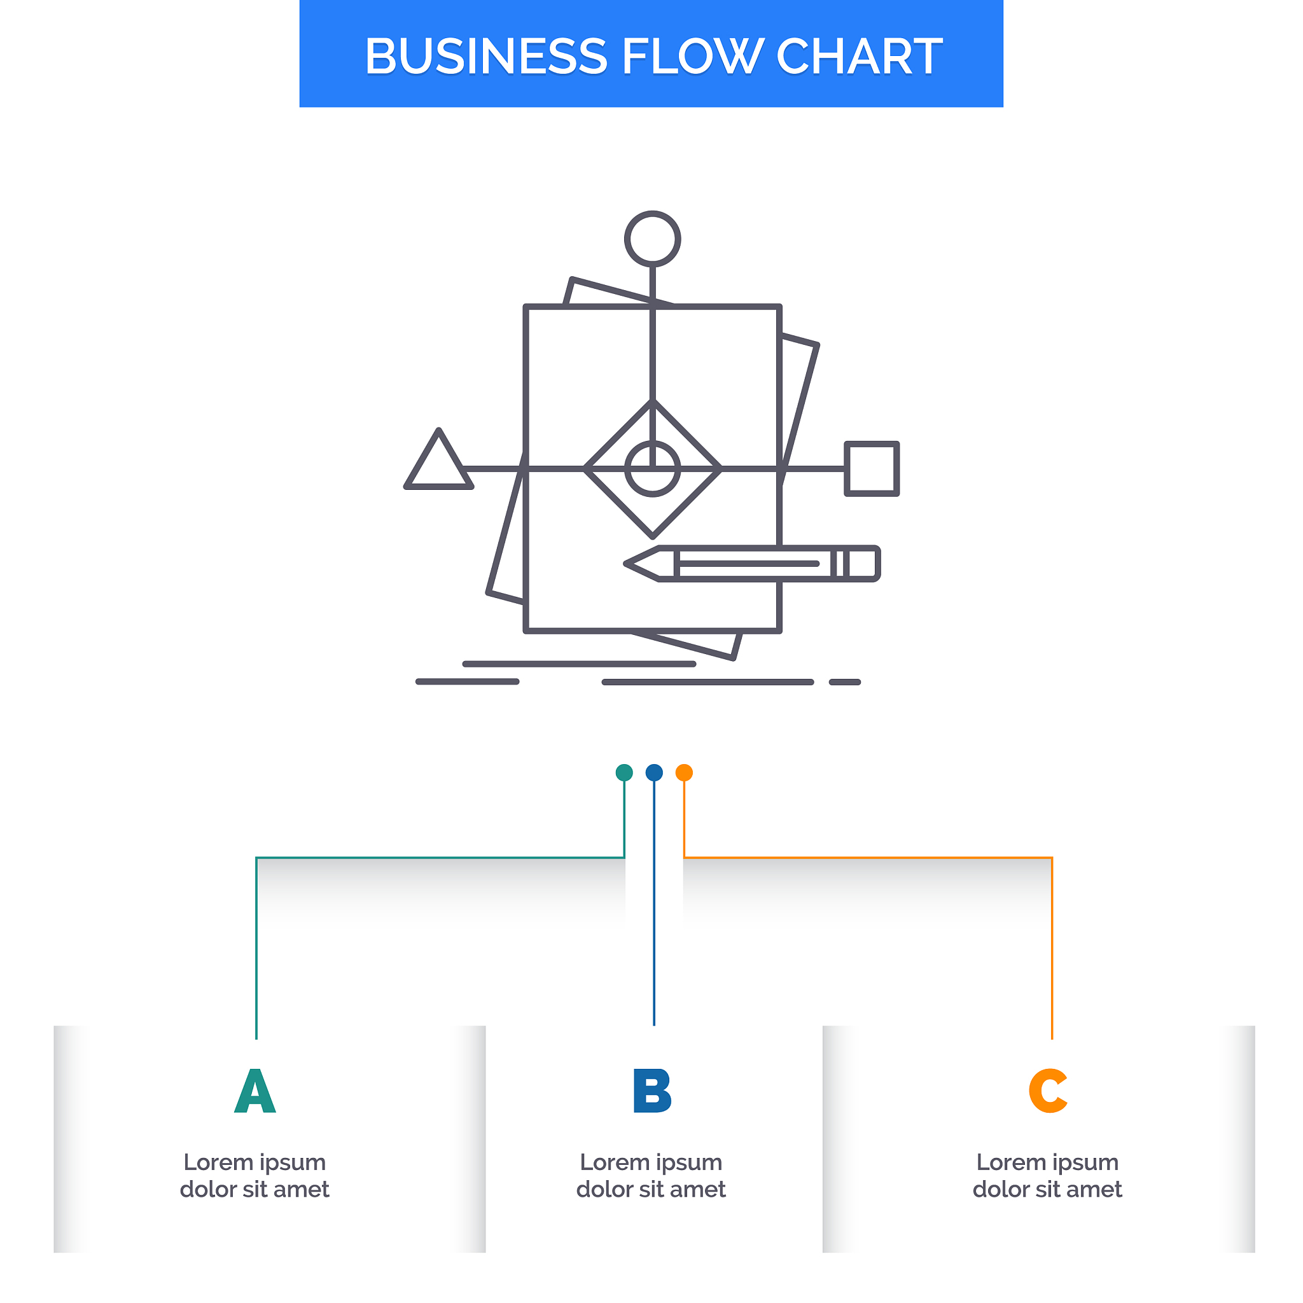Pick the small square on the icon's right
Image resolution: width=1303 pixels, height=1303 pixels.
pyautogui.click(x=872, y=469)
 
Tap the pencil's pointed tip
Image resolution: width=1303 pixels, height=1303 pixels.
pyautogui.click(x=626, y=563)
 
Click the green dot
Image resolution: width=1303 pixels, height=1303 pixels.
pyautogui.click(x=624, y=772)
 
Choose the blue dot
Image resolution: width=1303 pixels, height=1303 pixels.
pyautogui.click(x=653, y=772)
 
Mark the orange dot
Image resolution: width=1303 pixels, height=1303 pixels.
pyautogui.click(x=684, y=772)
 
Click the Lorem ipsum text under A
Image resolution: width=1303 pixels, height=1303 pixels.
pyautogui.click(x=255, y=1176)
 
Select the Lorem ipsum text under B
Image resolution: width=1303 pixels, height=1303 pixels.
pyautogui.click(x=651, y=1176)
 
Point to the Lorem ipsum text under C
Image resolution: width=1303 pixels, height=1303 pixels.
pyautogui.click(x=1047, y=1176)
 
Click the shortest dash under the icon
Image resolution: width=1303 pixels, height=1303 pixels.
pyautogui.click(x=845, y=682)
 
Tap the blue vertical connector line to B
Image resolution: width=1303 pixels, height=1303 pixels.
pyautogui.click(x=653, y=903)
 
